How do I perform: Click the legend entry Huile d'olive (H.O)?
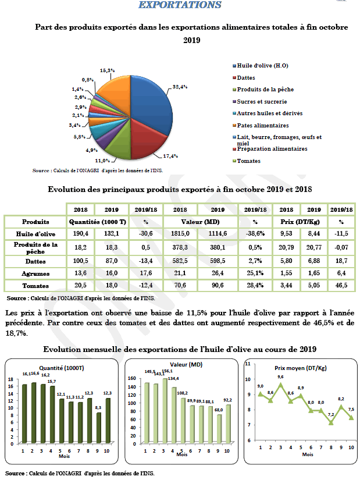[261, 66]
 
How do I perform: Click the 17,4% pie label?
[171, 156]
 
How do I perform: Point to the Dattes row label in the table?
[35, 259]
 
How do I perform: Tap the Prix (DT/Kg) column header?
[300, 222]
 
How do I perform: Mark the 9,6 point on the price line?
[281, 384]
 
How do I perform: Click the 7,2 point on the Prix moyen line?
[330, 422]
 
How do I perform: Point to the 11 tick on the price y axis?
[248, 364]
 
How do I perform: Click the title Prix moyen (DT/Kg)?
[300, 368]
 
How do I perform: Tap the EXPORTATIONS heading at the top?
[180, 5]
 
